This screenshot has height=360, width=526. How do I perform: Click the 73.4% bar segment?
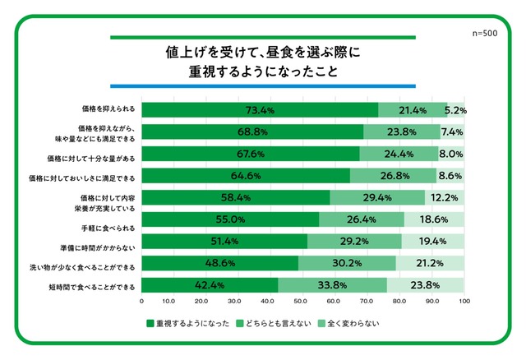coord(260,110)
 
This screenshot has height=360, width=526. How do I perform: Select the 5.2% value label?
coord(455,110)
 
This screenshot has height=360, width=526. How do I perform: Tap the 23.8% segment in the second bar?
coord(402,132)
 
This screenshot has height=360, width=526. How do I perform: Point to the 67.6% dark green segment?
coord(251,154)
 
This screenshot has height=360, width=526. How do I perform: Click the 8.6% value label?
coord(450,176)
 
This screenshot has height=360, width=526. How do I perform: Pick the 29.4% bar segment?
coord(377,197)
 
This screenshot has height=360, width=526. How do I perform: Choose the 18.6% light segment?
coord(434,219)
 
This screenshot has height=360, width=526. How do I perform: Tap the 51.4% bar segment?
coord(224,241)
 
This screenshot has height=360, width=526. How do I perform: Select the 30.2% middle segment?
coord(347,263)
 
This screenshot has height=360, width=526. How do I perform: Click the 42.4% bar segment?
coord(210,285)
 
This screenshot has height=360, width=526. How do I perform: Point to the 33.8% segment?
coord(332,285)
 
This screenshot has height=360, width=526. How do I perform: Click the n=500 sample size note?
coord(485,33)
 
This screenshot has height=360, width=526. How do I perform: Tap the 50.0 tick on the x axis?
coord(300,301)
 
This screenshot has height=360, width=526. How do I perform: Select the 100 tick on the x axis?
coord(464,301)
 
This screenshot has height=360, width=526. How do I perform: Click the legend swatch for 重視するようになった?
coord(150,324)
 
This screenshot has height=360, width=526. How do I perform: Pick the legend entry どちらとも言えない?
coord(274,324)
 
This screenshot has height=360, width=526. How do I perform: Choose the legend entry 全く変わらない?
coord(348,324)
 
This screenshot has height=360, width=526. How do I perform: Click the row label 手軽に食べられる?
coord(108,228)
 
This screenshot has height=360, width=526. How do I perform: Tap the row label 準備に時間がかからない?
coord(98,248)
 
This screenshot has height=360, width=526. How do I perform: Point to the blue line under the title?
coord(263,86)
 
